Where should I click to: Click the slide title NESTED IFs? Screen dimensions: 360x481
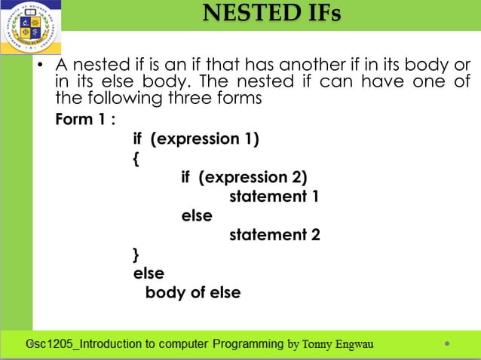coord(271,14)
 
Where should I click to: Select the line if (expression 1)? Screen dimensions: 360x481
coord(195,139)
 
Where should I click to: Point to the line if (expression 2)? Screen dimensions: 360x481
coord(244,178)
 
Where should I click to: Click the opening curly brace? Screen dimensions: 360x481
coord(136,159)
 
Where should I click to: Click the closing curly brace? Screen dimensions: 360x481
coord(136,254)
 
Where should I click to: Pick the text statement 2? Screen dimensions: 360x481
coord(274,235)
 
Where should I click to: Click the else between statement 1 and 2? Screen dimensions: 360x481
coord(197,216)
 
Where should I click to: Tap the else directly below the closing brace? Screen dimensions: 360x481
coord(149,273)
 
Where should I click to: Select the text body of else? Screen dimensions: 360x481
coord(193,292)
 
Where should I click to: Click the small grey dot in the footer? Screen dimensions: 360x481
coord(448,345)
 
